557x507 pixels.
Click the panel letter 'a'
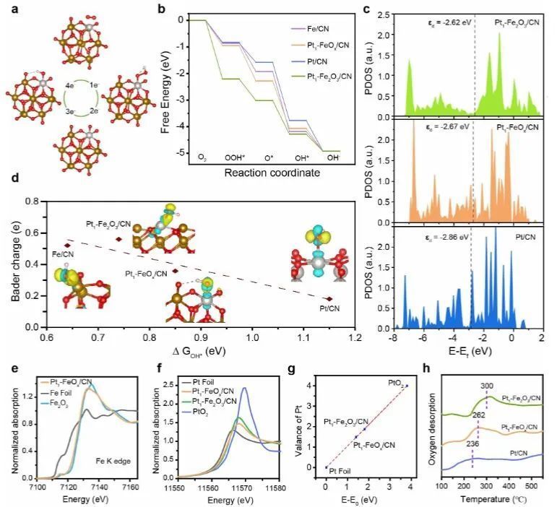coord(8,8)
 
